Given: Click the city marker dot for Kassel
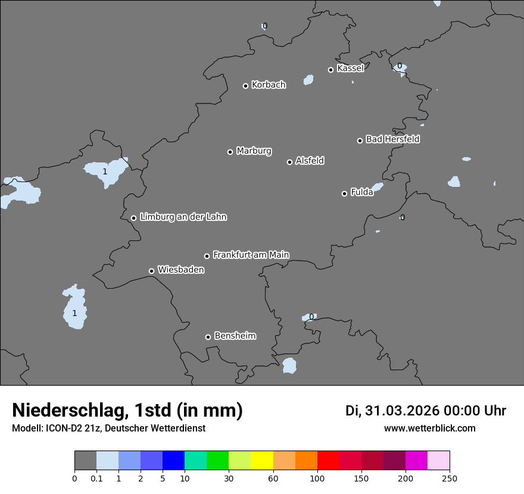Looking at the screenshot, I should click(x=330, y=70).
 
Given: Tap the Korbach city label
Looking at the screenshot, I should click(x=269, y=85).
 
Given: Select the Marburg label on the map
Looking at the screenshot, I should click(x=254, y=151).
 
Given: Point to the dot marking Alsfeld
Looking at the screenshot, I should click(x=289, y=162).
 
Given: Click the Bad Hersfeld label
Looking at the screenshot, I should click(x=392, y=139).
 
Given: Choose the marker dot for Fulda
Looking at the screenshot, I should click(x=344, y=193).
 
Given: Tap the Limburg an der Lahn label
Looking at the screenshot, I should click(x=183, y=217).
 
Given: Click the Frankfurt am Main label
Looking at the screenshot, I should click(x=251, y=255).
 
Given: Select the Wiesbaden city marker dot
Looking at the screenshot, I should click(x=151, y=271).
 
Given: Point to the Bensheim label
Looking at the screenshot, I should click(x=235, y=336).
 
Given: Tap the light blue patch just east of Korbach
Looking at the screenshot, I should click(x=308, y=80).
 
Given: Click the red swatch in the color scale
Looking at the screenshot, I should click(x=328, y=461).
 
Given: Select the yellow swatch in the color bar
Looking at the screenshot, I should click(x=262, y=461).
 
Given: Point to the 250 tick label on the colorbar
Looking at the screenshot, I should click(x=450, y=479).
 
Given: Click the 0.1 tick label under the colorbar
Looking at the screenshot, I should click(x=96, y=479).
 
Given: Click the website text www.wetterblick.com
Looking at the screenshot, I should click(x=429, y=428).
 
